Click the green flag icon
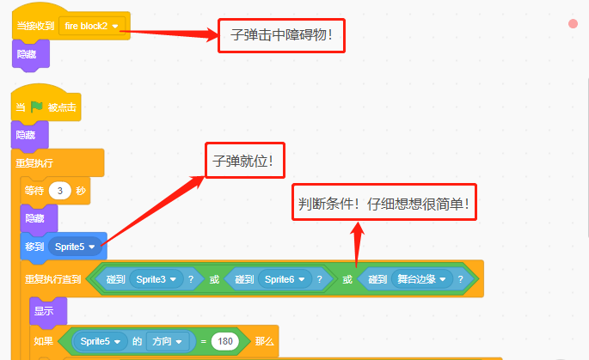point(36,107)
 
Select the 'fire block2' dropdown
point(92,26)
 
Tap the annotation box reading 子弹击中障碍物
point(281,36)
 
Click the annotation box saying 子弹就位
point(245,161)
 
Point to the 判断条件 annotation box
point(384,202)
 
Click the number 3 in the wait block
point(59,191)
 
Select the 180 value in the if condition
point(225,341)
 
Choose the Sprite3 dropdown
point(156,279)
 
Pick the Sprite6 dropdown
point(285,279)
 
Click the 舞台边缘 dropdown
point(422,279)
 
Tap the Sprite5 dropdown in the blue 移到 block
point(75,247)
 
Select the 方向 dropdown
point(167,341)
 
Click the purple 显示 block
point(48,311)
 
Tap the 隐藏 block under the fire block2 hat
point(31,55)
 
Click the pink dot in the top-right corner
point(573,24)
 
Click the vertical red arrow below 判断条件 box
point(357,244)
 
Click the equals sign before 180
point(204,342)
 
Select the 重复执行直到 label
point(53,279)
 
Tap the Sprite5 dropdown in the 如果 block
point(100,341)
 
